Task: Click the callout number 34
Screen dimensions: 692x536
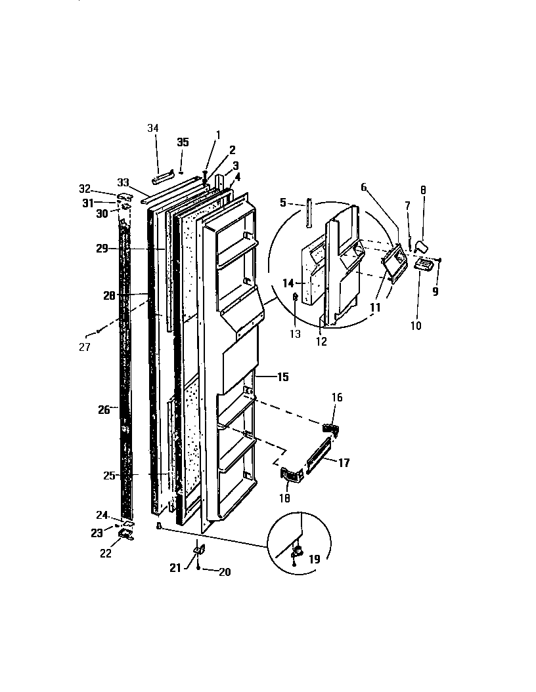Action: click(x=153, y=128)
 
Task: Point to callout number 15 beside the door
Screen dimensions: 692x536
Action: click(x=282, y=377)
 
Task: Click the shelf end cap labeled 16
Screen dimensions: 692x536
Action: click(x=332, y=428)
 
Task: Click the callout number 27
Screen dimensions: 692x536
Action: click(x=84, y=348)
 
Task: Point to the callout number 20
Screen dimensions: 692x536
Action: click(x=224, y=572)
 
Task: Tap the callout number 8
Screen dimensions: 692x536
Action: click(x=423, y=190)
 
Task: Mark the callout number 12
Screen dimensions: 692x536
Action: click(x=321, y=340)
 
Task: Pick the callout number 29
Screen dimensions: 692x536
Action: click(x=100, y=249)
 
